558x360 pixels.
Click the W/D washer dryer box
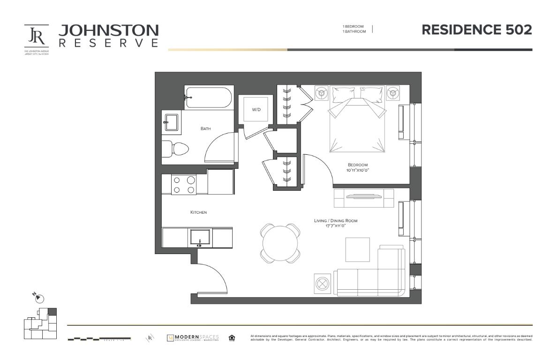(256, 110)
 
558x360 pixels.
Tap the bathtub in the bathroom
(209, 97)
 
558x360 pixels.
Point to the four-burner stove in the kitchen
(184, 184)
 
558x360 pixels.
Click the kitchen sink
(201, 237)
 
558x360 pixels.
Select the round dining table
(280, 243)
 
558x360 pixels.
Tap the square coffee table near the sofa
(357, 249)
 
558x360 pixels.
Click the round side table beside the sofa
(323, 284)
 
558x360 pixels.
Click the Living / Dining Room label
(336, 220)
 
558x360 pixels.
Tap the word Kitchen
(198, 212)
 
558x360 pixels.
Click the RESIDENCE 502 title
(476, 30)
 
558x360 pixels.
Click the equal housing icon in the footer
(232, 338)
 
